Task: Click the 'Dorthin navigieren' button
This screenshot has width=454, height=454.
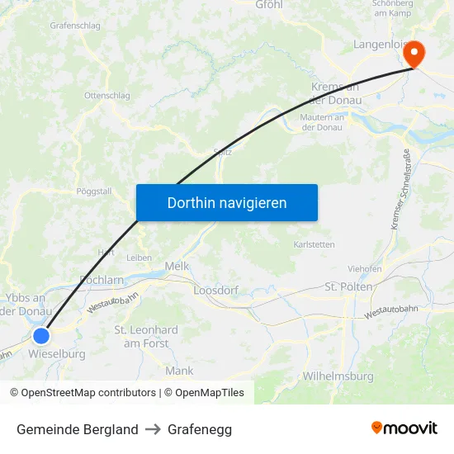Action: coord(227,202)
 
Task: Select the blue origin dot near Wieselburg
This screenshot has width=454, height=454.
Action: coord(40,335)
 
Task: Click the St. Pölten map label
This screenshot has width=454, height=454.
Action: coord(349,286)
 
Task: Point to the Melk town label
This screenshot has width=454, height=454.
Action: coord(177,266)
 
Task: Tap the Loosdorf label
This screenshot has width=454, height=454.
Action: coord(215,291)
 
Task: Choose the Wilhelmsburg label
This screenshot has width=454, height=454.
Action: coord(338,376)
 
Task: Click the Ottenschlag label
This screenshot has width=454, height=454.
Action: coord(107,96)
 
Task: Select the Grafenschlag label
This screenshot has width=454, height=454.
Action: coord(75,26)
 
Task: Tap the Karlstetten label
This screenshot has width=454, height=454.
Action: coord(314,244)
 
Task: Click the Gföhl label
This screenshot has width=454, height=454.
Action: coord(269,5)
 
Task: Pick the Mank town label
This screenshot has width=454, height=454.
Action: coord(179,371)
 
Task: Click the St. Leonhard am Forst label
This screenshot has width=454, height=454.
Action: coord(145,336)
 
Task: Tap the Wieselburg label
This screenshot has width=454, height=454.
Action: coord(57,354)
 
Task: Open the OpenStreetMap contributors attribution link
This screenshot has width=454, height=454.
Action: coord(83,393)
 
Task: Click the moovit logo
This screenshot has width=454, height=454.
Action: coord(404,428)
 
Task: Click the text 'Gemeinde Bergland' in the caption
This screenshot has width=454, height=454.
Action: coord(78,429)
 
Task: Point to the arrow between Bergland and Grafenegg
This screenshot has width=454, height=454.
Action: coord(153,429)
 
